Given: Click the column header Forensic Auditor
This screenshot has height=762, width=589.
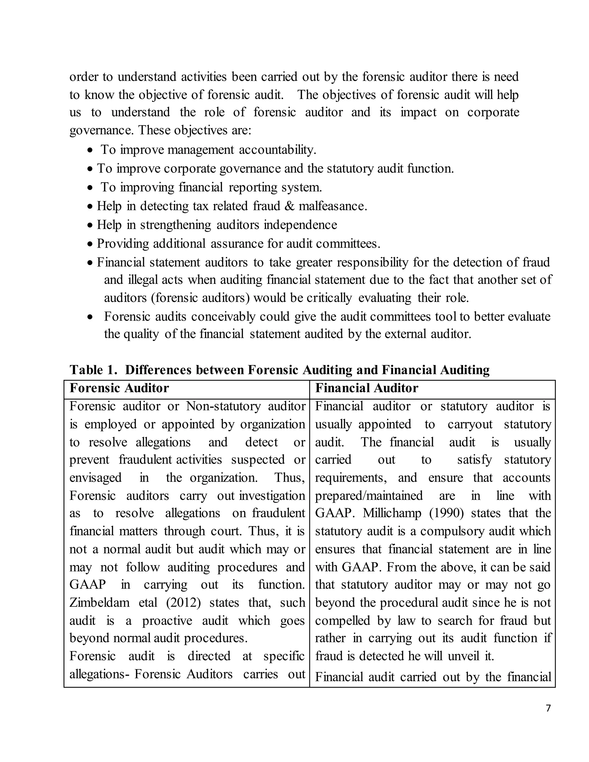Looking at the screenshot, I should pos(119,388).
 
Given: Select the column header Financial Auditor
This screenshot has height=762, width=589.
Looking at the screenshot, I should pos(366,388).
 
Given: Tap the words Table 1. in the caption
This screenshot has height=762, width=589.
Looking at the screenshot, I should pos(93,370).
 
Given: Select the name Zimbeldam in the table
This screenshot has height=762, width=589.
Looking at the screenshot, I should pos(100,602).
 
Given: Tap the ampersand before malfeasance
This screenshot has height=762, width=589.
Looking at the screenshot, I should pos(289,206).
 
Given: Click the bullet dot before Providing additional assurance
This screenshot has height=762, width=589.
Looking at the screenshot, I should pos(90,244).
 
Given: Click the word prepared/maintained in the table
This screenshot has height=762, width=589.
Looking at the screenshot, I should pos(369,495).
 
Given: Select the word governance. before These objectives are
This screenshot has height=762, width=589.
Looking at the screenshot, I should pos(102,131).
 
